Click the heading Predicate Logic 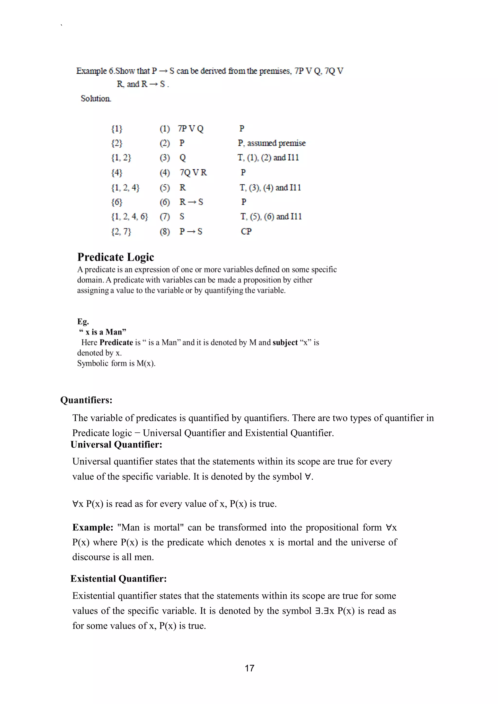click(115, 257)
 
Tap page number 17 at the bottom click(249, 668)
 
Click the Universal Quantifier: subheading click(116, 444)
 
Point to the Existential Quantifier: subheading click(118, 579)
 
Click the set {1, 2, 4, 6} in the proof click(129, 217)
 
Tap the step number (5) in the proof click(165, 187)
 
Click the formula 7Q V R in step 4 click(193, 172)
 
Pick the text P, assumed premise click(271, 143)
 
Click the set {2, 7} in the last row click(121, 231)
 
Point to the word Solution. click(96, 98)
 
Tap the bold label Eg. click(83, 321)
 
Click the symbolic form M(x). click(146, 363)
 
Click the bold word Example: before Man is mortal click(93, 527)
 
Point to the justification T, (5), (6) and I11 click(271, 217)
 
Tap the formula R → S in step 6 click(191, 202)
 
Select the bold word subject click(285, 343)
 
